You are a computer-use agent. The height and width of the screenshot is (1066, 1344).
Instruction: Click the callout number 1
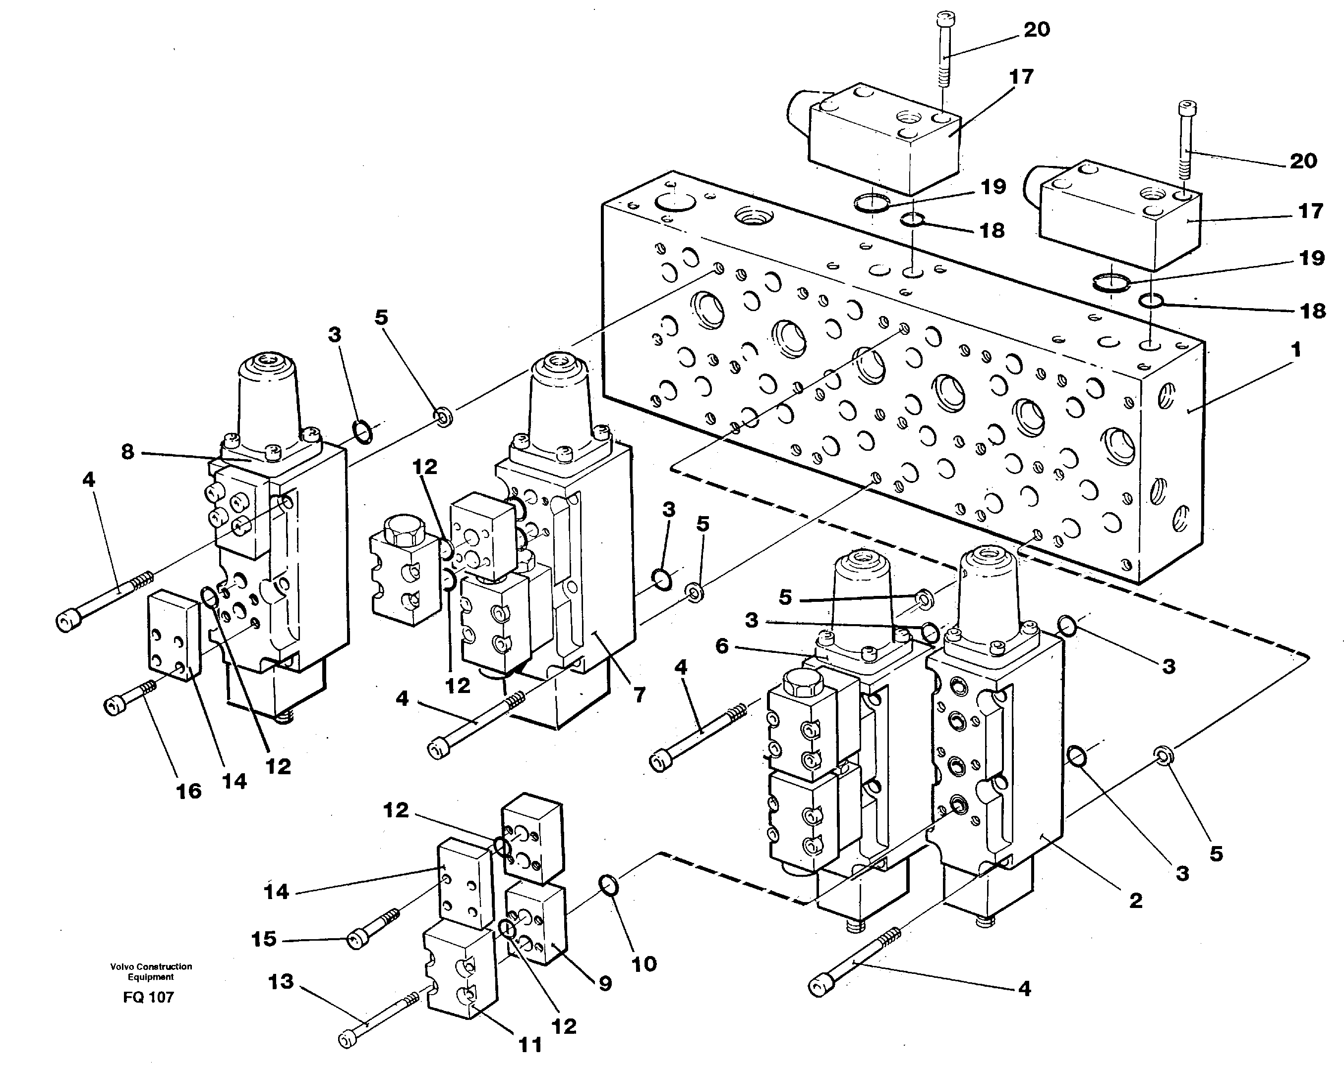coord(1296,350)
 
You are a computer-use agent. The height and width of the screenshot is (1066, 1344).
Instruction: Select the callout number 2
coord(1135,900)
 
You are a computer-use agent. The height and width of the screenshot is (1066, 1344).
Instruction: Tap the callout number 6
coord(722,646)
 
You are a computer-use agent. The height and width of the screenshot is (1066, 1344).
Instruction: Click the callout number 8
coord(127,452)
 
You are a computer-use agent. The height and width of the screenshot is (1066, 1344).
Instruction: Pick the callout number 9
coord(605,983)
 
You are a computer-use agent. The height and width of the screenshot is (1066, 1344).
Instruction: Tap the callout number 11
coord(530,1045)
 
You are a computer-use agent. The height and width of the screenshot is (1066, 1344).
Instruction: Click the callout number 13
coord(281,981)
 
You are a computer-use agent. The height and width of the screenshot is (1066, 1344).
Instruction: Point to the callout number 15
coord(264,939)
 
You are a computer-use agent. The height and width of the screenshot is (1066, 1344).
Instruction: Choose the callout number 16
coord(189,791)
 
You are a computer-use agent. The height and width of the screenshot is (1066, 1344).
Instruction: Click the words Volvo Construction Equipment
coord(151,971)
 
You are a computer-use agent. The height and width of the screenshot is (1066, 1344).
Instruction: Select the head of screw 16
coord(113,706)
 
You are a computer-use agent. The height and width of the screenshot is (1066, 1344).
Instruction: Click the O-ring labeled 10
coord(608,885)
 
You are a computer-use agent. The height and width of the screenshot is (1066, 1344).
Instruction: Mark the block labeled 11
coord(461,972)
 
